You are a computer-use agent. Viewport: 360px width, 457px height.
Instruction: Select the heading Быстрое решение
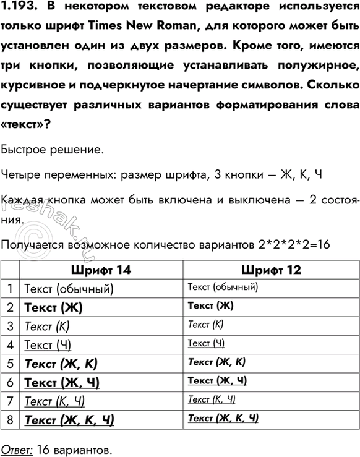(x=53, y=150)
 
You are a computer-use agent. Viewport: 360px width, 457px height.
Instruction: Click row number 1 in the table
(x=11, y=288)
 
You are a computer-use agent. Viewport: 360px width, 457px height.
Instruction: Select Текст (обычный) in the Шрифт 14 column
(x=68, y=288)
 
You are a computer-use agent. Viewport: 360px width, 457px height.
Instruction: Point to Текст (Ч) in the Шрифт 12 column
(x=205, y=343)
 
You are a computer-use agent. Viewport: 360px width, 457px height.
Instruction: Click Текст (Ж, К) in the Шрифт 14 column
(x=61, y=363)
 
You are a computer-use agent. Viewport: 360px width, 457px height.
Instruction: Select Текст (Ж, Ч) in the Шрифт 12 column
(x=217, y=381)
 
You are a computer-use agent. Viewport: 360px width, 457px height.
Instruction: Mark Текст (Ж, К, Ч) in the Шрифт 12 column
(x=223, y=419)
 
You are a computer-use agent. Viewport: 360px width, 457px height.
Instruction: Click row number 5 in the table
(x=11, y=363)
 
